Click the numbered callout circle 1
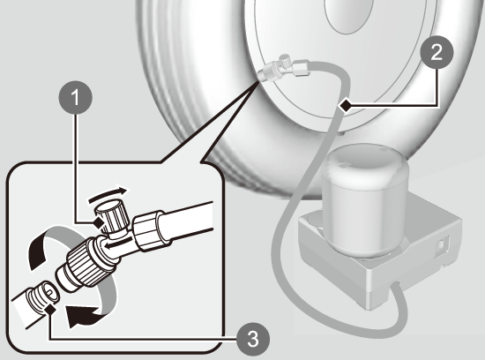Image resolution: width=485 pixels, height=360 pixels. tap(76, 98)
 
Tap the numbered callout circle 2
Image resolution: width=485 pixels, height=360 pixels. tap(436, 53)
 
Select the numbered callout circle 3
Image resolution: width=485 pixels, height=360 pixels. tap(253, 338)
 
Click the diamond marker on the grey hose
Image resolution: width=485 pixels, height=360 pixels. tap(346, 106)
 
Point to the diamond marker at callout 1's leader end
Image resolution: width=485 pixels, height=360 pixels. tap(99, 222)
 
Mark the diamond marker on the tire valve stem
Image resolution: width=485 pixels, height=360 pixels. tap(50, 309)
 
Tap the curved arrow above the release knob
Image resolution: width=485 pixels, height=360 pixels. tap(108, 194)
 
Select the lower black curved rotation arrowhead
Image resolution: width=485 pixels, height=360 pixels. tap(83, 316)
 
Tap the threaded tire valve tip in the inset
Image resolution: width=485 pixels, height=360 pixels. tap(43, 296)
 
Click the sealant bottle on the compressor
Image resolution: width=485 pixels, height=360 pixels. tap(368, 199)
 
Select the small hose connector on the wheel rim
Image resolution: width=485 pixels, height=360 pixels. tap(282, 69)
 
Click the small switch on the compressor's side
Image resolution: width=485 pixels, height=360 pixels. tap(440, 245)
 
